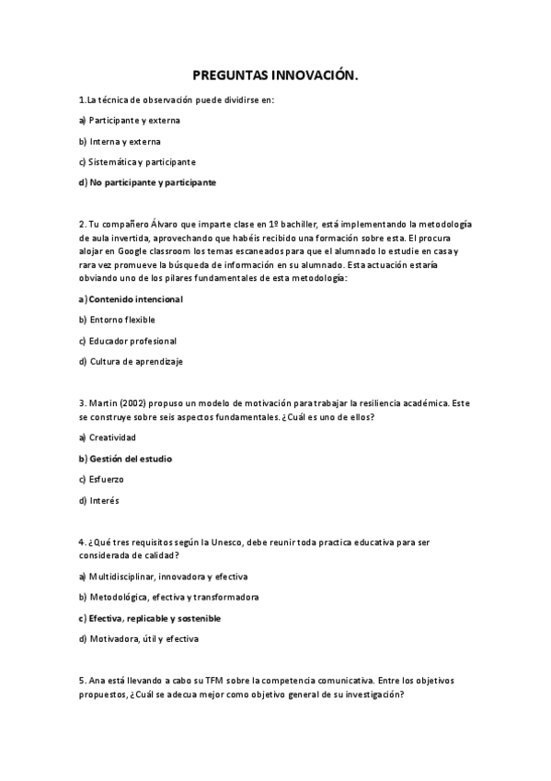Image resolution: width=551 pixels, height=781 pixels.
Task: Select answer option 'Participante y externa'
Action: pyautogui.click(x=134, y=121)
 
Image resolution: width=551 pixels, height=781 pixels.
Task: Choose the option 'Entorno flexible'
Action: pyautogui.click(x=122, y=320)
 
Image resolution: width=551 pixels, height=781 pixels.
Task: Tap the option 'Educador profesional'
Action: pyautogui.click(x=132, y=341)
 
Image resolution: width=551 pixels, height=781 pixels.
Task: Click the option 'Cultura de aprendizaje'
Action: pyautogui.click(x=136, y=361)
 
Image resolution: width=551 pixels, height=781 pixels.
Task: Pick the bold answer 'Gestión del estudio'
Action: pyautogui.click(x=130, y=459)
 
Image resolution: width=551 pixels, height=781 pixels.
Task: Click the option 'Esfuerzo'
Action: pyautogui.click(x=107, y=479)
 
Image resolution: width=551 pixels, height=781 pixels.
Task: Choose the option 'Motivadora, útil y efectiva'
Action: pyautogui.click(x=143, y=638)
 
